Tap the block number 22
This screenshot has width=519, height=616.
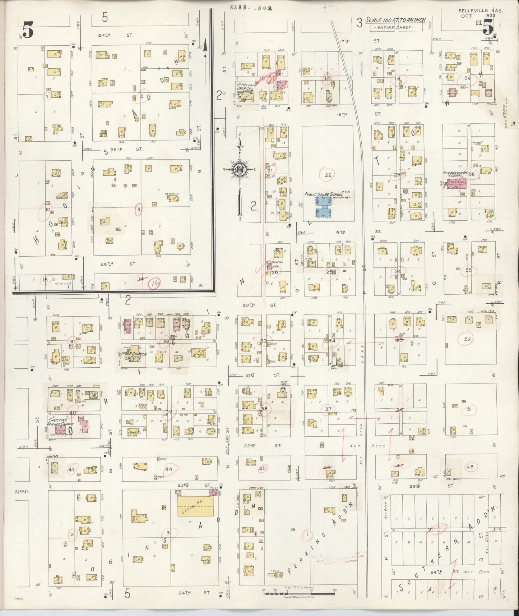point(328,175)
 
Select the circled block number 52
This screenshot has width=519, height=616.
point(467,339)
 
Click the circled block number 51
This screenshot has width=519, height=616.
point(469,409)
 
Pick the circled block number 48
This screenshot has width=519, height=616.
point(469,467)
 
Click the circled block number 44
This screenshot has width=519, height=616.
point(168,469)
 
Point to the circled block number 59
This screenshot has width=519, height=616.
point(467,78)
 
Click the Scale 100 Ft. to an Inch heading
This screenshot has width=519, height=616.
point(395,20)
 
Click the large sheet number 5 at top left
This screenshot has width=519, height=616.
point(28,29)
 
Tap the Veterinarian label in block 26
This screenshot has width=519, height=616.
point(274,262)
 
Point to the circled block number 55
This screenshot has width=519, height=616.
point(468,270)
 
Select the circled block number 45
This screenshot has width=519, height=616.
point(263,468)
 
